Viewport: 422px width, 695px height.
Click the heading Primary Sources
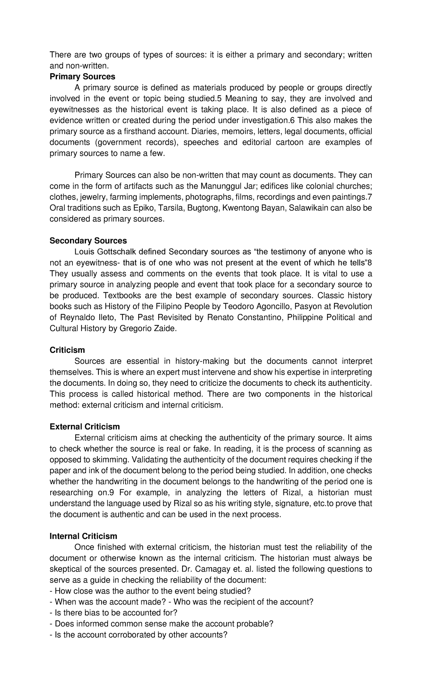point(82,76)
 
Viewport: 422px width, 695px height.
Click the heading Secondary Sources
point(88,241)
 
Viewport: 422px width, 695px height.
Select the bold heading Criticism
point(67,350)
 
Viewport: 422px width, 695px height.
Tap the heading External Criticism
point(84,427)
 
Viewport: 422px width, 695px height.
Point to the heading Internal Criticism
point(83,536)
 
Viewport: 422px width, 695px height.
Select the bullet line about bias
point(113,613)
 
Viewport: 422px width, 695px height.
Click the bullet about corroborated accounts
point(139,635)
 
